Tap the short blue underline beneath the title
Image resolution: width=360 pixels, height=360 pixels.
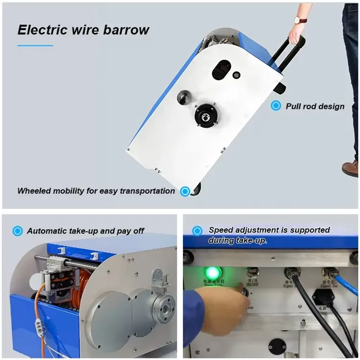click(x=35, y=46)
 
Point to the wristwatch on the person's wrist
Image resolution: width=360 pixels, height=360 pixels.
click(x=301, y=20)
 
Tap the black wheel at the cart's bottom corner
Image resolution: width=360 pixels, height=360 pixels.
click(x=195, y=191)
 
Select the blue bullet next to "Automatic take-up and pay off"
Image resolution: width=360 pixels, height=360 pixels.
click(x=18, y=231)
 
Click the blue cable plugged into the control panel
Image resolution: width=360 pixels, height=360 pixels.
click(x=345, y=283)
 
